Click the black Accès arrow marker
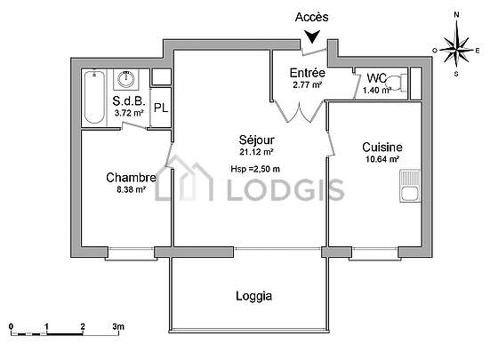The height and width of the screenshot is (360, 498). coord(312,36)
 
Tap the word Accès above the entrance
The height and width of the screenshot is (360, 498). coord(311,17)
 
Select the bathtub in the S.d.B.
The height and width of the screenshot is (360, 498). coord(94,97)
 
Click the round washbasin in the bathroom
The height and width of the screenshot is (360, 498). coord(126,79)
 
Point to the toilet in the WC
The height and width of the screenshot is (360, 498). coord(397,83)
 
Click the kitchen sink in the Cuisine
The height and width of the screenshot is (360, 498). coord(410,186)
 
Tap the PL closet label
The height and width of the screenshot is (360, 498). coord(161,108)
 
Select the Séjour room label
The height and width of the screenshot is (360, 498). coord(257,140)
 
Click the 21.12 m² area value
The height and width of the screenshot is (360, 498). coord(257,152)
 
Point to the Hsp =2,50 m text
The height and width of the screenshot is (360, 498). coord(255,169)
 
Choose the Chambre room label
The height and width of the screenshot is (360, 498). coord(132,178)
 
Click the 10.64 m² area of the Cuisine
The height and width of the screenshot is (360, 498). coord(382,159)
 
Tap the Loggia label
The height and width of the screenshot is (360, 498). coord(253,296)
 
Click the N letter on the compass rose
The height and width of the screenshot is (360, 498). coord(457,14)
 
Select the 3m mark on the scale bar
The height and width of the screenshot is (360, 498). coord(118,326)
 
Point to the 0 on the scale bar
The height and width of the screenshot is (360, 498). coord(12,326)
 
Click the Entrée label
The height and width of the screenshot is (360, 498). coord(308,73)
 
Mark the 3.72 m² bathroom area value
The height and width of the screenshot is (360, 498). coord(129,113)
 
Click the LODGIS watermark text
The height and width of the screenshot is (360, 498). coord(285,190)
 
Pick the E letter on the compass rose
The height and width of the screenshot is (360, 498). coord(478,51)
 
